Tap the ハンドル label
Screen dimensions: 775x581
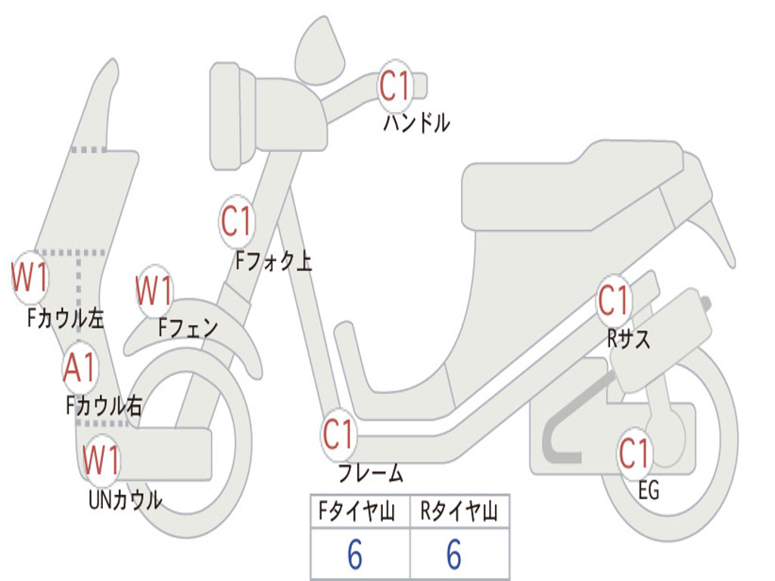[416, 122]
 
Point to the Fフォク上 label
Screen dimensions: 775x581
[273, 261]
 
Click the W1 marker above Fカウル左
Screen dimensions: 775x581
[30, 277]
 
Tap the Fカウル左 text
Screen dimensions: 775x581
[65, 318]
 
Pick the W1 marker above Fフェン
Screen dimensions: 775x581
[154, 290]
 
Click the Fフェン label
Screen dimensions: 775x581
[188, 328]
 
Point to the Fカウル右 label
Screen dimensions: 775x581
[104, 406]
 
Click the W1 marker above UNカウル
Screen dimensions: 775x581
[101, 460]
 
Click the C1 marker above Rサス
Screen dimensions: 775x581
[613, 301]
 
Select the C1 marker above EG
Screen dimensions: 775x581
[634, 454]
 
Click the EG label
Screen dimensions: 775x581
[649, 491]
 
